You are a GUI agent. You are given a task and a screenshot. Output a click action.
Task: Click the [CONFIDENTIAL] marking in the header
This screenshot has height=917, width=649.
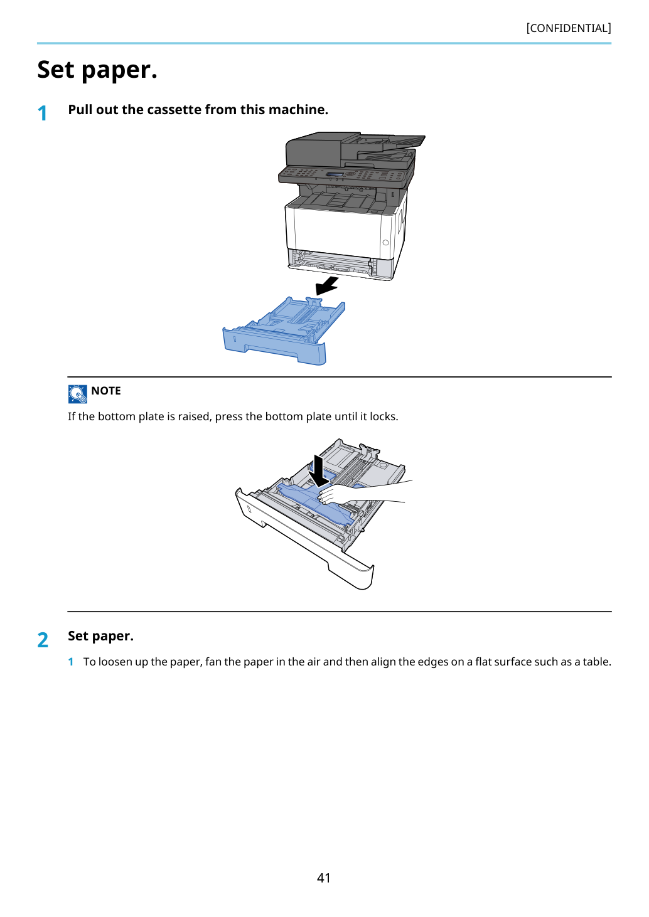tap(568, 28)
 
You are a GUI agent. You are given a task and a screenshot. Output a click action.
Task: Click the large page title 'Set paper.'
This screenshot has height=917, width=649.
tap(97, 70)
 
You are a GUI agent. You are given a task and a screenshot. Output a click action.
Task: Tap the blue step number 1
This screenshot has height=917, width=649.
tap(42, 113)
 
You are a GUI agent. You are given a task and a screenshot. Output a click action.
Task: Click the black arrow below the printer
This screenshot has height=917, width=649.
tap(328, 285)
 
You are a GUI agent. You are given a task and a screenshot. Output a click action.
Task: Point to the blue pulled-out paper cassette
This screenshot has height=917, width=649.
tap(284, 330)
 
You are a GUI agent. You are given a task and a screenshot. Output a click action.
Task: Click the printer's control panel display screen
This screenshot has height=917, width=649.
tap(335, 175)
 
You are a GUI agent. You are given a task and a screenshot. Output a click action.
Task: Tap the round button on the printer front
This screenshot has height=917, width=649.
tap(385, 243)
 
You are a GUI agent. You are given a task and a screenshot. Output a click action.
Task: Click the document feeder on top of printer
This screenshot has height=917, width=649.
tap(352, 149)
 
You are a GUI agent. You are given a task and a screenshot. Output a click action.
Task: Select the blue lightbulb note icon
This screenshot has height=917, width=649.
tap(77, 394)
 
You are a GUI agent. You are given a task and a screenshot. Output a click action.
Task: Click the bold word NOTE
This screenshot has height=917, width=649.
tap(105, 391)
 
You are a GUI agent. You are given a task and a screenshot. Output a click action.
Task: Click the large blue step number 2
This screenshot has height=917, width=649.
tap(43, 640)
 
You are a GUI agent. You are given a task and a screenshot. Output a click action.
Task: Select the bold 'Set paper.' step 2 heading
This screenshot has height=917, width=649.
tap(101, 636)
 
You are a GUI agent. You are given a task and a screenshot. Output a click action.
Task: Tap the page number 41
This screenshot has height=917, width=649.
tap(324, 877)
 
